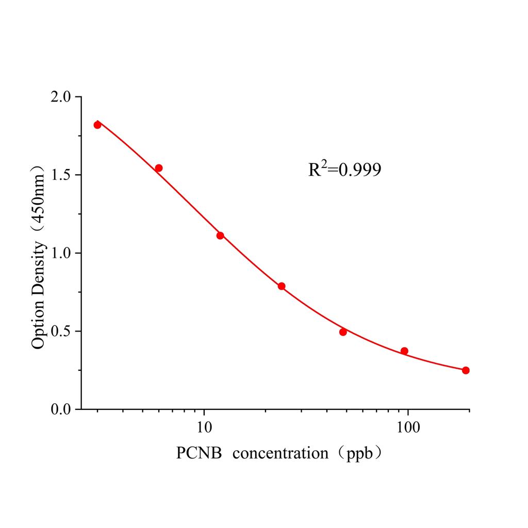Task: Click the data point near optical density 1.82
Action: click(97, 125)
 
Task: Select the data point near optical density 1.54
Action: click(159, 168)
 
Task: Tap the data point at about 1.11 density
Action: click(220, 236)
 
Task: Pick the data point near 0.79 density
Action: click(282, 286)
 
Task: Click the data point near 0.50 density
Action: click(343, 332)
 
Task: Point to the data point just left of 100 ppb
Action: click(404, 351)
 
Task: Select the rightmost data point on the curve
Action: click(466, 370)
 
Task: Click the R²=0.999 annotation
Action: click(344, 169)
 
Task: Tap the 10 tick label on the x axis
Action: click(205, 428)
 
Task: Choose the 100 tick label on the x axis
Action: click(408, 428)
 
